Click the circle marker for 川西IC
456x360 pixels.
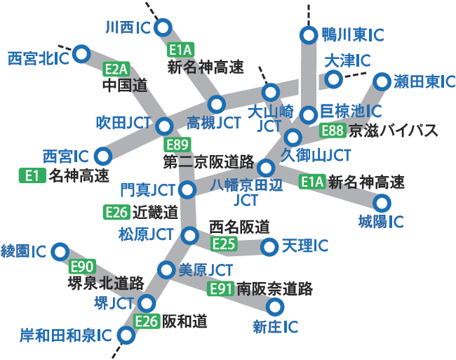[x=163, y=28]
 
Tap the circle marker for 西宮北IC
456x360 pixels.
[x=81, y=53]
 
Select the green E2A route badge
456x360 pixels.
[x=116, y=69]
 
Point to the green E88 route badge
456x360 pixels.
[x=333, y=130]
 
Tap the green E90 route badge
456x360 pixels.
[x=81, y=266]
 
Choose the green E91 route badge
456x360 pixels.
[x=221, y=288]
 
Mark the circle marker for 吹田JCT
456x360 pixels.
[x=164, y=126]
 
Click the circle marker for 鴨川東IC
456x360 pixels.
[x=307, y=34]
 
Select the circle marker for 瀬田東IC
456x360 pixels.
[x=382, y=81]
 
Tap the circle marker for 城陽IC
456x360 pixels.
[x=382, y=204]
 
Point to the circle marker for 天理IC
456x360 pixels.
[x=269, y=247]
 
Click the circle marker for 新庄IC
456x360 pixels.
[x=274, y=307]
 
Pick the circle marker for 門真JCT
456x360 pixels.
[x=187, y=189]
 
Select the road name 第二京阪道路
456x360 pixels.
[x=208, y=162]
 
